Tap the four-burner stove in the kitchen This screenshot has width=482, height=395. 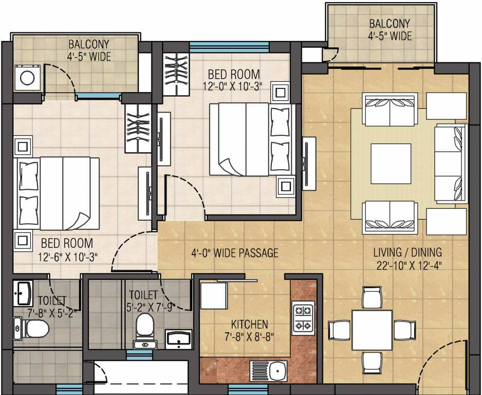(x=303, y=318)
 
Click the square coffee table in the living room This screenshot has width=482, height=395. (x=391, y=164)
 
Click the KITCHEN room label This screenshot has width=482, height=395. (x=249, y=324)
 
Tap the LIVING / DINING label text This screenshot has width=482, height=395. (x=407, y=253)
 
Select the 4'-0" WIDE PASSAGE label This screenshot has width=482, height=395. (x=235, y=253)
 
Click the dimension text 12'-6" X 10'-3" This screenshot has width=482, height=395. (x=67, y=255)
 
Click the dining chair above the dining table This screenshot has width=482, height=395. (x=371, y=297)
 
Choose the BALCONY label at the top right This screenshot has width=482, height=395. (x=390, y=23)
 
